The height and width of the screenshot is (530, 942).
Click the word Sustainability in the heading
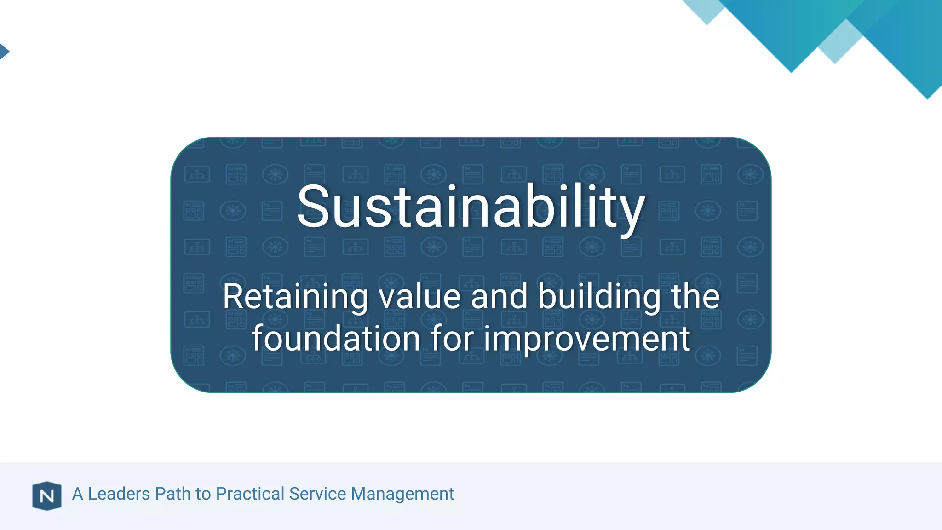(x=471, y=207)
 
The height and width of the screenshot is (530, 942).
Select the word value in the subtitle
(x=419, y=297)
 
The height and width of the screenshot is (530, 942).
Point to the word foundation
(x=336, y=339)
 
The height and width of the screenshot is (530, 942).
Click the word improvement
(x=586, y=339)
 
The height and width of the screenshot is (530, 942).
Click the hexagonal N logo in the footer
(x=47, y=496)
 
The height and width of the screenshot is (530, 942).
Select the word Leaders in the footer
(x=119, y=494)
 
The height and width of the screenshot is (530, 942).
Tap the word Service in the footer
(x=317, y=494)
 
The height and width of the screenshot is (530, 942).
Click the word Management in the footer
(x=402, y=494)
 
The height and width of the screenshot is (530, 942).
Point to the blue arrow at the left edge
(x=4, y=51)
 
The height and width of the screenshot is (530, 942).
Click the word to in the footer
(x=203, y=494)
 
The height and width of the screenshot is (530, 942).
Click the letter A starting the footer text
(x=78, y=494)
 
